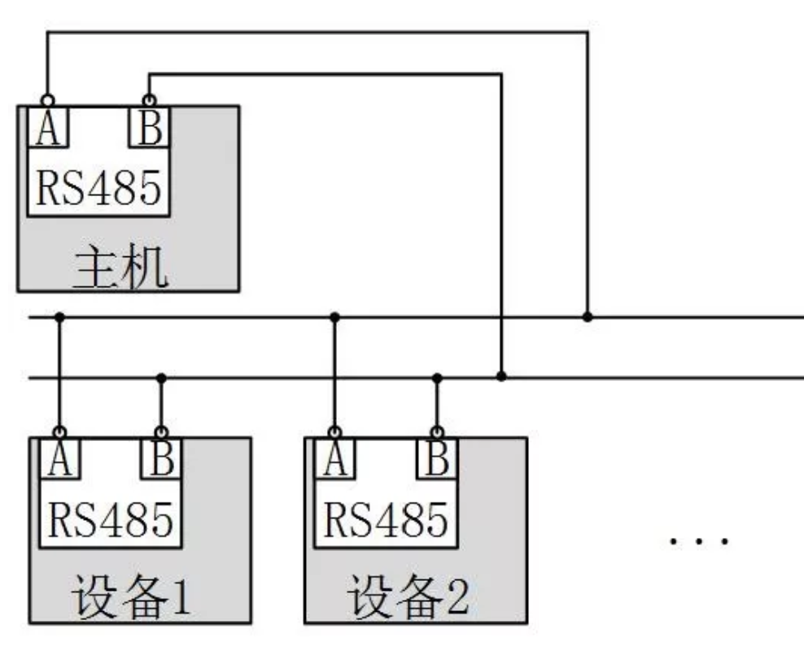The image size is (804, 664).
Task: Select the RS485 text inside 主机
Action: pos(98,187)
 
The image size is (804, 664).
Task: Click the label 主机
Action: pos(122,269)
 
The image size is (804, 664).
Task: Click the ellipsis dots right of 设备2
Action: pos(699,539)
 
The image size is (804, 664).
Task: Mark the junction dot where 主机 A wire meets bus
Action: pos(588,317)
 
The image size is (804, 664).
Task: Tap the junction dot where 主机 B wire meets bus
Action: pos(501,377)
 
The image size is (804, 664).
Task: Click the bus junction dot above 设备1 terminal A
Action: pos(59,317)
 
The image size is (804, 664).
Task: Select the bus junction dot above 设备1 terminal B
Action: pos(161,378)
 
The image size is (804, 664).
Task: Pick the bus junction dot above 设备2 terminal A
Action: pos(334,317)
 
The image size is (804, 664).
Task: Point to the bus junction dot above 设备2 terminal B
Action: pos(437,378)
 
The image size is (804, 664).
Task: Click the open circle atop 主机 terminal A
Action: pos(47,100)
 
